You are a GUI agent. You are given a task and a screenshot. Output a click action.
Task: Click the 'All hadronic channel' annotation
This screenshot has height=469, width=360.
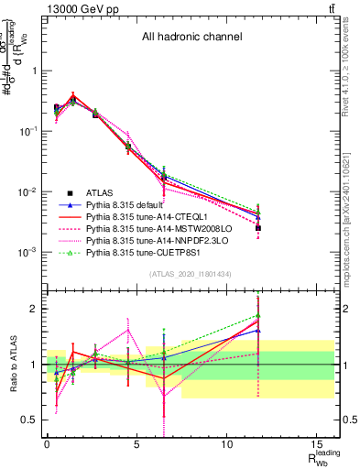pyautogui.click(x=191, y=38)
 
